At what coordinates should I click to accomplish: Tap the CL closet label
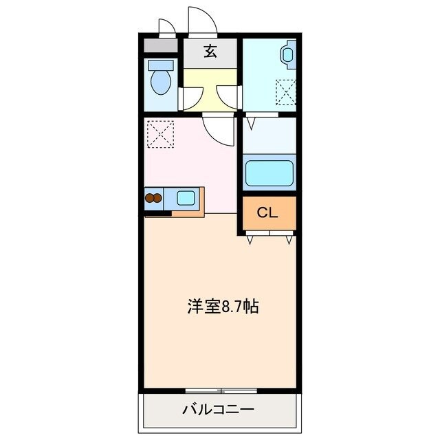tap(267, 212)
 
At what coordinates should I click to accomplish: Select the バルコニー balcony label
tap(218, 410)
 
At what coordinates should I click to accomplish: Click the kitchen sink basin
tap(186, 199)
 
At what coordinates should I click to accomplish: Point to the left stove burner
tap(149, 199)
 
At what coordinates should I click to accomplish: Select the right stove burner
tap(159, 199)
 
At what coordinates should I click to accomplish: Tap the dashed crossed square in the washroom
tap(285, 91)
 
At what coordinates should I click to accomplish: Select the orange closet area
tap(269, 214)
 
